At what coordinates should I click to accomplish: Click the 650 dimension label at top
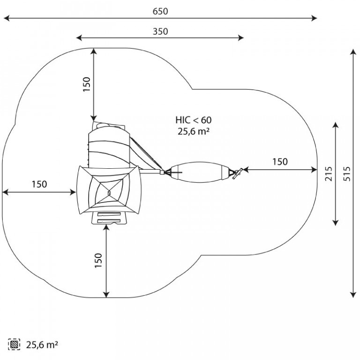160,11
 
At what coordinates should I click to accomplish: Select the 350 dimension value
160,31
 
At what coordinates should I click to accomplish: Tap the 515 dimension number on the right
347,174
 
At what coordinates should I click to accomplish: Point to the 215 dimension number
329,174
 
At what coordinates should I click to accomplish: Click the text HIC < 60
194,120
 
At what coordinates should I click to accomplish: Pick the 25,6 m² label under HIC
194,131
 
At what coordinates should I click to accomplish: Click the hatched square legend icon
14,344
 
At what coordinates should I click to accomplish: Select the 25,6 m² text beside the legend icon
42,345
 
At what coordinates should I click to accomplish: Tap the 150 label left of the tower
39,184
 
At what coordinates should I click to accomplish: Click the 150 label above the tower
87,84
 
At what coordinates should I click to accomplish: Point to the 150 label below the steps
98,260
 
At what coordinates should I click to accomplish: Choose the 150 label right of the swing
280,162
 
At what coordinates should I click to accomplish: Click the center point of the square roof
109,192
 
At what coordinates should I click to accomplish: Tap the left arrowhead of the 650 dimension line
7,18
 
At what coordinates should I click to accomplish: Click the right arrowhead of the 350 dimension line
241,37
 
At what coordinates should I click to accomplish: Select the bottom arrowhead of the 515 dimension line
353,295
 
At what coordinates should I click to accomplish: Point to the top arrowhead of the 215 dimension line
336,125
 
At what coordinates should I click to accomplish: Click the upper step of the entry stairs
109,214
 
